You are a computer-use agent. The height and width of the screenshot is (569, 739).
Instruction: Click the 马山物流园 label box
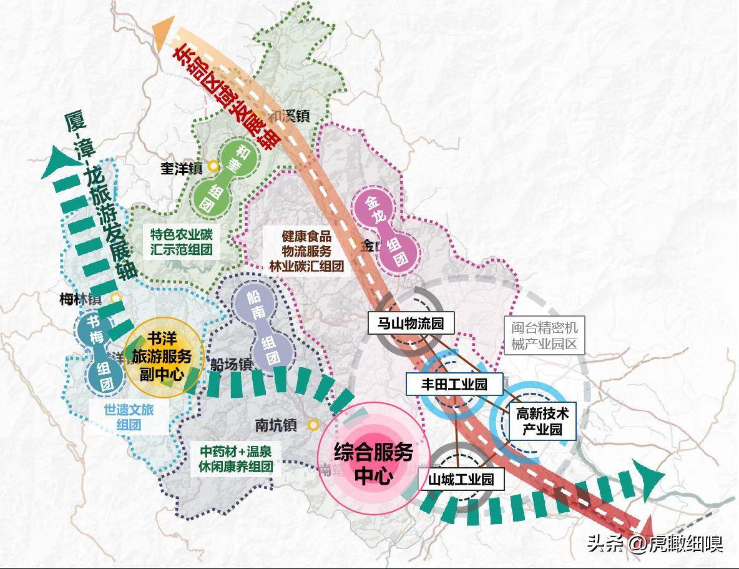pyautogui.click(x=410, y=324)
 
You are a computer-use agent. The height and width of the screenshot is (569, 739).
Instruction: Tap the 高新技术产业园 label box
pyautogui.click(x=542, y=421)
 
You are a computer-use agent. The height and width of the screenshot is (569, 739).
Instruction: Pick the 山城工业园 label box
pyautogui.click(x=461, y=479)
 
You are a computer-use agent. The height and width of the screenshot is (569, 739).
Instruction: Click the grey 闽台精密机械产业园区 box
pyautogui.click(x=544, y=336)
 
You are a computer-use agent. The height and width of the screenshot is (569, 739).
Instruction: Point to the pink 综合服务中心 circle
pyautogui.click(x=373, y=459)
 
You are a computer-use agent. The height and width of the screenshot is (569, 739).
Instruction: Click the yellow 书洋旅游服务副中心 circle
pyautogui.click(x=164, y=357)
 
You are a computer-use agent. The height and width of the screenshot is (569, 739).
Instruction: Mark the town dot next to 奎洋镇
pyautogui.click(x=213, y=166)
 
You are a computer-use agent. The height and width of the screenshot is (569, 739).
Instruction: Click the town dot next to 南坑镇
pyautogui.click(x=313, y=425)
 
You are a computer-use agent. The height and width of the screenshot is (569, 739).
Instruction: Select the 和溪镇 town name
pyautogui.click(x=290, y=116)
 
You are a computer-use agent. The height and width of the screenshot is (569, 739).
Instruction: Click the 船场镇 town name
pyautogui.click(x=230, y=364)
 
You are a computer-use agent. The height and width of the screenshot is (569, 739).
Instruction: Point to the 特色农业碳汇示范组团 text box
pyautogui.click(x=182, y=244)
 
